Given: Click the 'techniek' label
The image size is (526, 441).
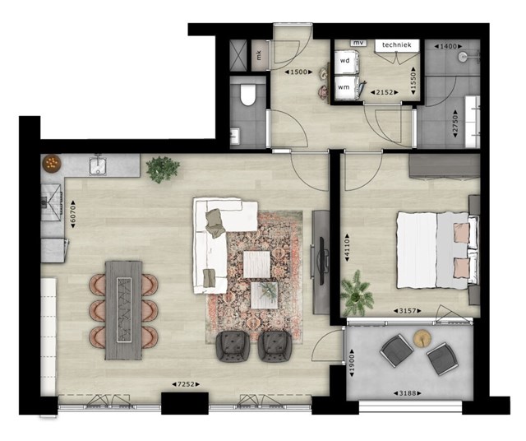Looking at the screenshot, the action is [x=396, y=44].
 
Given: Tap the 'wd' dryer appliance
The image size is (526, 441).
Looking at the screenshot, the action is [x=346, y=61].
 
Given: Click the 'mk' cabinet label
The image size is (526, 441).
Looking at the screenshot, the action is [x=259, y=55].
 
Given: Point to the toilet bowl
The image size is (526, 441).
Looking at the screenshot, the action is [x=248, y=95].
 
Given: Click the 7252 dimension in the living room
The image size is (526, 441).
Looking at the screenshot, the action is [x=186, y=384].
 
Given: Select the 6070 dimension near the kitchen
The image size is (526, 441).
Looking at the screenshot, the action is [x=73, y=214].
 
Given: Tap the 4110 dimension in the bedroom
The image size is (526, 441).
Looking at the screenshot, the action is [x=347, y=248].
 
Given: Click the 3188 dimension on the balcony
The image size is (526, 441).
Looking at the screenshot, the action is [x=408, y=392].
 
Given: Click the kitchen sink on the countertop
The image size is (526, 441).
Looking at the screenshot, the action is [x=98, y=166].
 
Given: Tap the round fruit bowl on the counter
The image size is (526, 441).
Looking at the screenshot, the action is [x=52, y=163].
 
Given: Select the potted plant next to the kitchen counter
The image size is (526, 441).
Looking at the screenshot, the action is [x=163, y=169].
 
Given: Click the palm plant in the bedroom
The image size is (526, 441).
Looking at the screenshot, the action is [x=357, y=294].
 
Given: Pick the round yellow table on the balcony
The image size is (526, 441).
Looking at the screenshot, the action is [x=422, y=338].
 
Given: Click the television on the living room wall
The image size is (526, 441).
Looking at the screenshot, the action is [x=321, y=260].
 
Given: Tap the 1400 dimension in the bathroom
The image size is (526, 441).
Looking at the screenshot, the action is [x=448, y=46].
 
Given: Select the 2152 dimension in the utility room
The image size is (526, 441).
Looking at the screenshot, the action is [x=385, y=92].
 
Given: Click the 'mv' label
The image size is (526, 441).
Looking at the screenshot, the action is [x=358, y=43].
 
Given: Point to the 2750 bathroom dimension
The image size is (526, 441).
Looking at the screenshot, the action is [x=455, y=123].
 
